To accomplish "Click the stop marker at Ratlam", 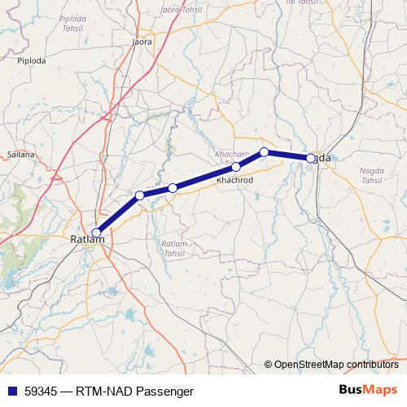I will [97, 232].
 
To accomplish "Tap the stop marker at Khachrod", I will [236, 167].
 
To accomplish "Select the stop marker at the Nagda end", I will [311, 158].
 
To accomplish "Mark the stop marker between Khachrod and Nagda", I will [265, 151].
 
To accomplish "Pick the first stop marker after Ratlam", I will [140, 195].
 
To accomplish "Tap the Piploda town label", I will [33, 59].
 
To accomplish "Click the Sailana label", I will [20, 153].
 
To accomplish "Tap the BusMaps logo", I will [367, 391].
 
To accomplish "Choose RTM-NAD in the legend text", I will [101, 392].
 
